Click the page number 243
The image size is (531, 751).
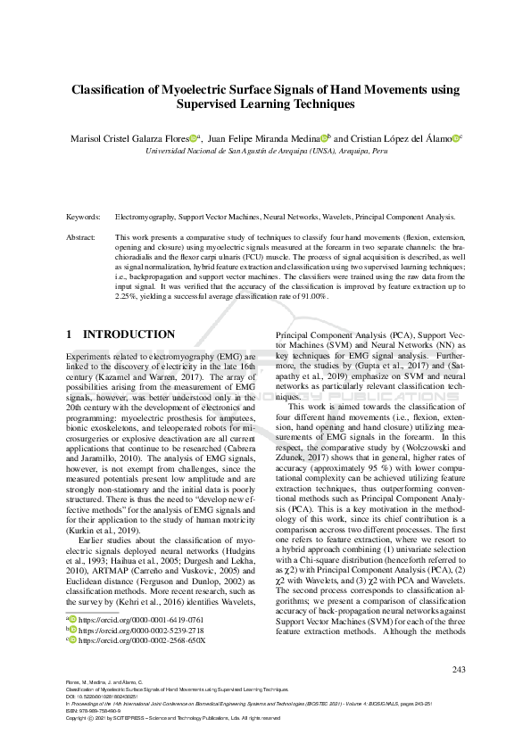point(458,670)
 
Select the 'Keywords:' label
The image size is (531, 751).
point(84,217)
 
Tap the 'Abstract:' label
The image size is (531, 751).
point(83,238)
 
